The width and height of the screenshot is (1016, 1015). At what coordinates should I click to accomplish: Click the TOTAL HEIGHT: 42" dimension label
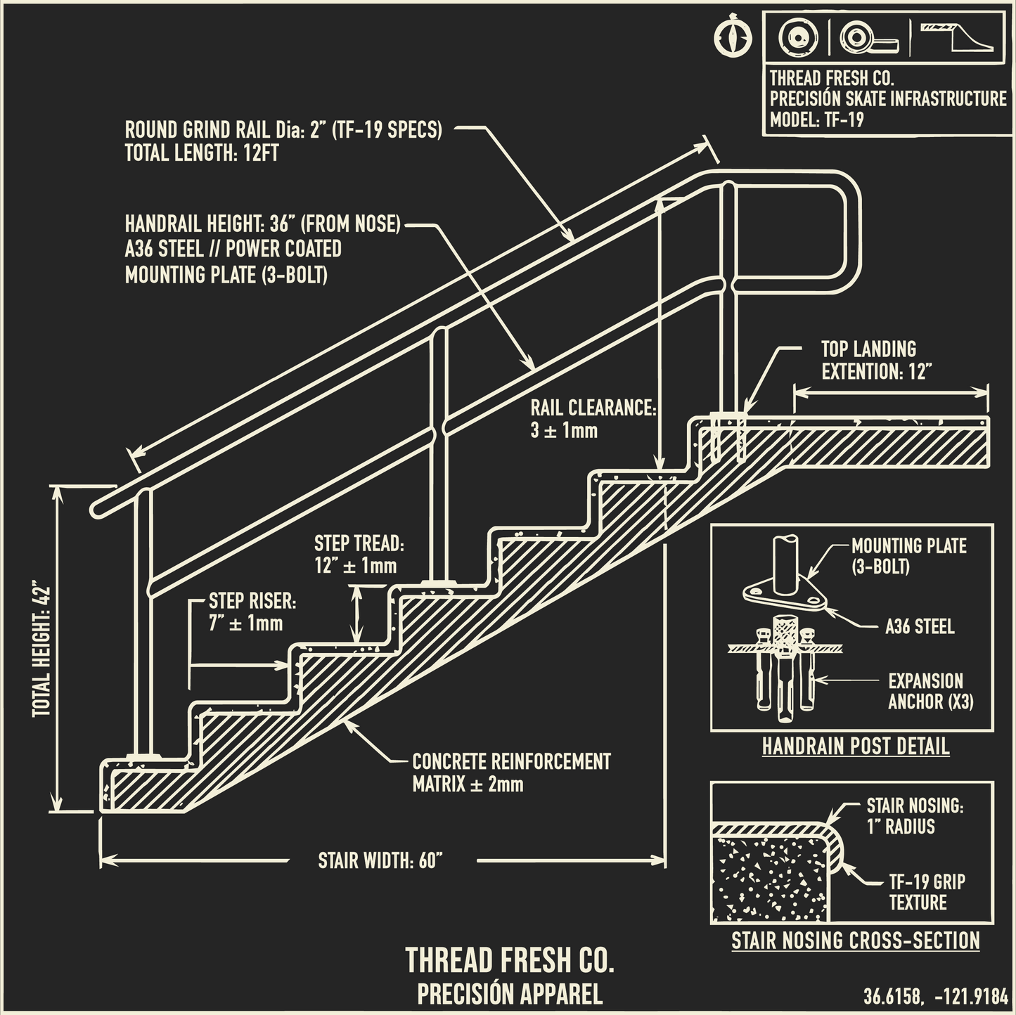pos(42,649)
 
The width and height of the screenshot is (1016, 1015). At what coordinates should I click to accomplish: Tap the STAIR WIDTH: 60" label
pos(380,860)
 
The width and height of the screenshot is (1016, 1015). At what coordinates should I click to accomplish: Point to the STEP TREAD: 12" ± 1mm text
pos(358,555)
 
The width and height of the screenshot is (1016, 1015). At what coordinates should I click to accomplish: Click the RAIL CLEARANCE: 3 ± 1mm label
pos(592,419)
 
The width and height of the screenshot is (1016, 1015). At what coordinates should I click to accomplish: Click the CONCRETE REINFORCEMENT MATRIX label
pos(510,772)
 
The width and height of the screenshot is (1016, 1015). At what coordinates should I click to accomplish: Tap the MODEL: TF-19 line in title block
pos(816,119)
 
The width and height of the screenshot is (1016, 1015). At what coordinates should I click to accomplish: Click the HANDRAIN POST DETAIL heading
pos(855,746)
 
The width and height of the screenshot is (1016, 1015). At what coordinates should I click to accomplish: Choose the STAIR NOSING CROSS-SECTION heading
pos(855,940)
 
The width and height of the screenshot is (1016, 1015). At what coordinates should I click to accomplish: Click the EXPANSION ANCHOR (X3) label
pos(930,691)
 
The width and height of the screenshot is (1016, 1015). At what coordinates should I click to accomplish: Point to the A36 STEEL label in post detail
pos(919,626)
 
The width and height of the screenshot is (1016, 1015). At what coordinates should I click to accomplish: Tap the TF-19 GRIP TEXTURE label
pos(926,892)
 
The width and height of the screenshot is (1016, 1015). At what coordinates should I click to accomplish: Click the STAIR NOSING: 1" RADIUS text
pos(914,815)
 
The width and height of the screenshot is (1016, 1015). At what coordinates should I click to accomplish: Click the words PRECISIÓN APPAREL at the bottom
pos(510,994)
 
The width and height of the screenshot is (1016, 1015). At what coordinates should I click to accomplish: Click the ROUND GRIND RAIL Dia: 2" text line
pos(283,130)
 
